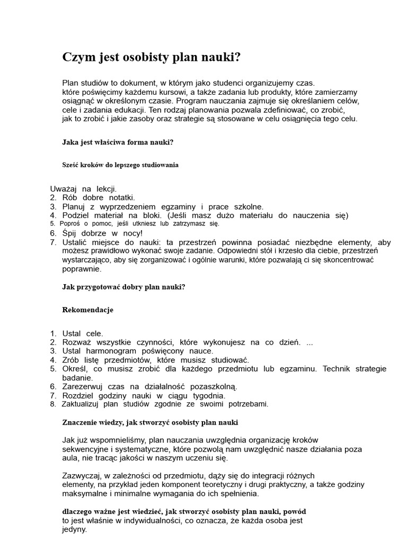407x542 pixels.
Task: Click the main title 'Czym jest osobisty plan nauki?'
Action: (152, 57)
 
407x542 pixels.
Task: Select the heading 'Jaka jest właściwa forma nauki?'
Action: (118, 142)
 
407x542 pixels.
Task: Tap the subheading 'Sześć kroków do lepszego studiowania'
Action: (120, 165)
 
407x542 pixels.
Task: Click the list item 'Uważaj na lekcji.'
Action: (83, 189)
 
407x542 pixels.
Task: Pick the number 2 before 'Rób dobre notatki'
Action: (53, 197)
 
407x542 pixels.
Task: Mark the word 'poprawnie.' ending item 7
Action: (82, 268)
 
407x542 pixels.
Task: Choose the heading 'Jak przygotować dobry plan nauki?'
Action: (123, 287)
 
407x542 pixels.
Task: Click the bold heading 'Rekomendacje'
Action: (88, 310)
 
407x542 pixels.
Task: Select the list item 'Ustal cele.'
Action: (83, 333)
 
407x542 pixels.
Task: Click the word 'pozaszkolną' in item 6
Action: (210, 386)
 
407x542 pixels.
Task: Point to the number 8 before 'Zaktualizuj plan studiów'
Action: (53, 404)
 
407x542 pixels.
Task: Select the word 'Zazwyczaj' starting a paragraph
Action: (80, 476)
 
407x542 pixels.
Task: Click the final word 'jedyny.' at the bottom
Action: (75, 529)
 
